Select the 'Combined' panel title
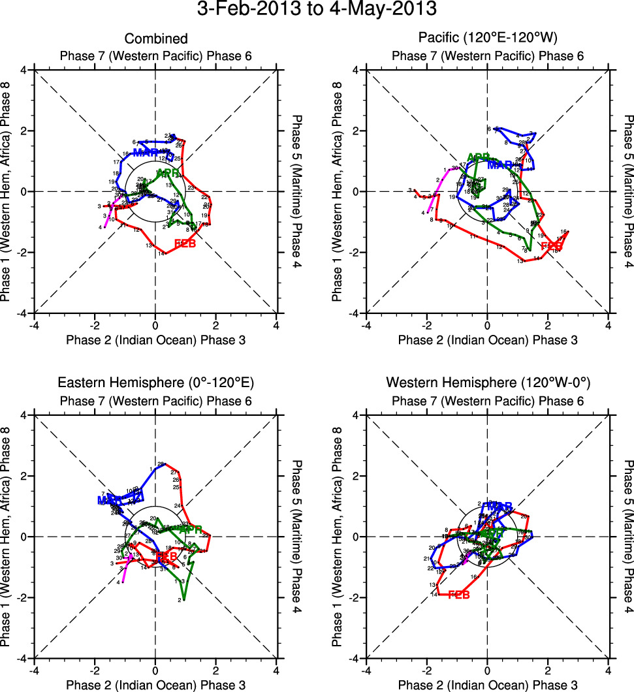point(155,39)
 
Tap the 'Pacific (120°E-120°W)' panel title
point(488,39)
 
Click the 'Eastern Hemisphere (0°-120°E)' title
point(155,383)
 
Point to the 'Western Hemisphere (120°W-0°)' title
point(488,383)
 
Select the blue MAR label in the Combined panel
point(145,153)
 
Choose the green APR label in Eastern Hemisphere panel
point(190,529)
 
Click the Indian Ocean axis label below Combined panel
point(155,339)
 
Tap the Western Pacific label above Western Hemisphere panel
point(488,400)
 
